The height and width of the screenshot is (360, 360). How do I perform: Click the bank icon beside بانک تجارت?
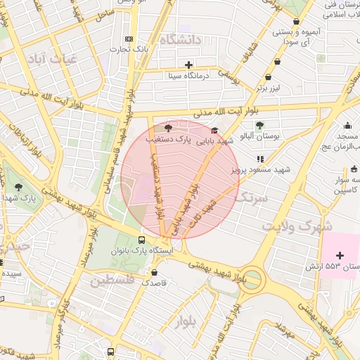[x=128, y=39]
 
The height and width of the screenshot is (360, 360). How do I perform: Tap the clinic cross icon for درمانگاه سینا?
[x=188, y=65]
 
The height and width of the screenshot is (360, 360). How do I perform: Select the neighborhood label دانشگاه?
[x=181, y=40]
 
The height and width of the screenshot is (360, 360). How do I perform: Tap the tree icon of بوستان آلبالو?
[x=259, y=125]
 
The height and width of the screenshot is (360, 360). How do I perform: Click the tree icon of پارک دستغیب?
[x=167, y=128]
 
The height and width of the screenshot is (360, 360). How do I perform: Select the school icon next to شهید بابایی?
[x=214, y=130]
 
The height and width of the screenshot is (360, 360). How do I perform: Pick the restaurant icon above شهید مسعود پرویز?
[x=260, y=159]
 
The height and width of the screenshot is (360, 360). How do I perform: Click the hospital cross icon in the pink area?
[x=340, y=255]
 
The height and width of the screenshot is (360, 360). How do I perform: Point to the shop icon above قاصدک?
[x=155, y=272]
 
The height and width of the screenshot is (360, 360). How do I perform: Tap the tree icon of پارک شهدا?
[x=18, y=187]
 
